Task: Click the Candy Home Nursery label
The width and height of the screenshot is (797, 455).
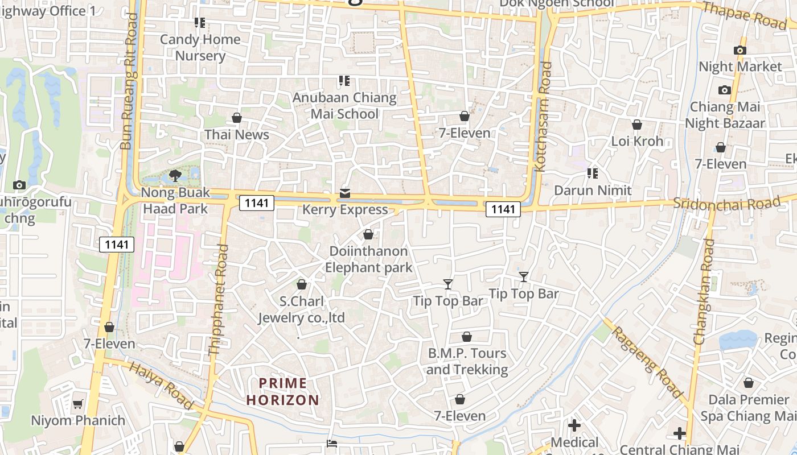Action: coord(200,48)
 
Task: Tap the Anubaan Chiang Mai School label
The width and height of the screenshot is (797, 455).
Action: coord(344,106)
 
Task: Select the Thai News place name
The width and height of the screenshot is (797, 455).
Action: coord(237,135)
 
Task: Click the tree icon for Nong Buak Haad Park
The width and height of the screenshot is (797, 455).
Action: coord(175,175)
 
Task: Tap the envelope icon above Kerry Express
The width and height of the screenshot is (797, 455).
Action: coord(345,193)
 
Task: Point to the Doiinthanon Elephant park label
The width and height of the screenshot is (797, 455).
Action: coord(368,259)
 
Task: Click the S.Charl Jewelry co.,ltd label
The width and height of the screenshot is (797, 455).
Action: coord(302,309)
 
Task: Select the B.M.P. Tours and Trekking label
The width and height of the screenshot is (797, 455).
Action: coord(467,361)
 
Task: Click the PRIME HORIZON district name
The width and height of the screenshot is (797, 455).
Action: coord(283,391)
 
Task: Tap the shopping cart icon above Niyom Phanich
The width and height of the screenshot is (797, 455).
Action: coord(77,404)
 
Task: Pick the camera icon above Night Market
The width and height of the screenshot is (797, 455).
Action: coord(740,50)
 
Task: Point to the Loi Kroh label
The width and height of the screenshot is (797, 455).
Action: coord(637,141)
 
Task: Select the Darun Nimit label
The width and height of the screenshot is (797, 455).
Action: coord(593,190)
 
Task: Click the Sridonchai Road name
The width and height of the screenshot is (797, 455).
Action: coord(726,203)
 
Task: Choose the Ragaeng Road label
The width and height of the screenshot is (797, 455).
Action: coord(647,362)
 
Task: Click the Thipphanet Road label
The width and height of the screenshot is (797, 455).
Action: coord(219,300)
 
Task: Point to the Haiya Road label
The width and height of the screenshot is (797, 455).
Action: coord(161,384)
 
